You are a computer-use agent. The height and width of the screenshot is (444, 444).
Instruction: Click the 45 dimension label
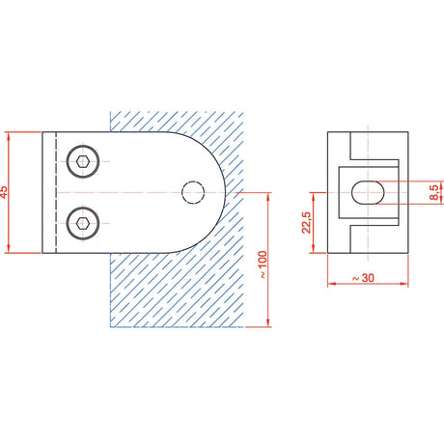click(3, 192)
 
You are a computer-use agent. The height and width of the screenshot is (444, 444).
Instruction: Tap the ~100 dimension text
click(263, 264)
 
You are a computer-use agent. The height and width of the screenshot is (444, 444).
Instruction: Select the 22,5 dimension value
click(306, 222)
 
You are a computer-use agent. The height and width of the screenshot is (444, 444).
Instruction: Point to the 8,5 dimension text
click(434, 192)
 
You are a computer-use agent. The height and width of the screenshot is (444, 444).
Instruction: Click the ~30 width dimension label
click(363, 278)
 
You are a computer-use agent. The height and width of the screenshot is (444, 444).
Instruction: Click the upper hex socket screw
click(83, 161)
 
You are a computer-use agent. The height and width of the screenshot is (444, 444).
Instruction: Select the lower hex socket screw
click(83, 223)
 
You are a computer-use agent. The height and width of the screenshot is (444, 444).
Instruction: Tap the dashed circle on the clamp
click(193, 192)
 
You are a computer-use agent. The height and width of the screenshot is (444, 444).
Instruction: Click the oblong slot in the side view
click(368, 192)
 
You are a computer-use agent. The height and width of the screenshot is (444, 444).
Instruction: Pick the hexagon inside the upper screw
click(83, 161)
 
